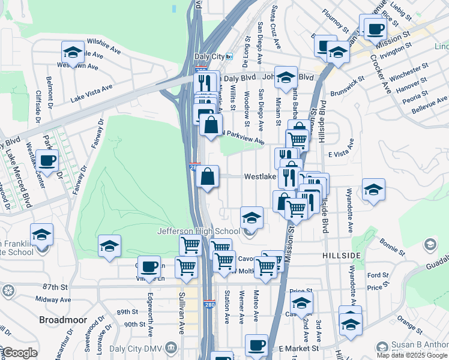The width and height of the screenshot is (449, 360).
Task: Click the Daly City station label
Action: [209, 56]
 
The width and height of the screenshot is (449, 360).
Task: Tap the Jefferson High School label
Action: [199, 231]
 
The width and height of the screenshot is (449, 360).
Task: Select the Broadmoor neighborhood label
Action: [63, 320]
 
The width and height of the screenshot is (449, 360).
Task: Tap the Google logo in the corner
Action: [19, 353]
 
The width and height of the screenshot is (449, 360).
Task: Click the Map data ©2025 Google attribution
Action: [412, 355]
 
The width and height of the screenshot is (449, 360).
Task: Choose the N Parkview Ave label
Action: [243, 137]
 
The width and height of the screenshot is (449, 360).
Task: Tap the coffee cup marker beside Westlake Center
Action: [47, 161]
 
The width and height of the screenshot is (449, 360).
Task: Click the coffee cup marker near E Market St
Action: [257, 345]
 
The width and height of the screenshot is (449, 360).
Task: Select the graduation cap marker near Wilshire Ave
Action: [73, 52]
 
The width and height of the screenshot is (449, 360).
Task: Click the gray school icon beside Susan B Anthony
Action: [381, 347]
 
